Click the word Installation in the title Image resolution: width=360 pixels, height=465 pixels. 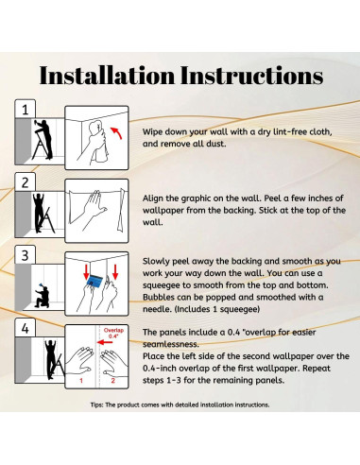pos(107,76)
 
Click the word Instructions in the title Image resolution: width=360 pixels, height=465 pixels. pos(252,76)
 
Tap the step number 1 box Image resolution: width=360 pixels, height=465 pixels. pos(26,110)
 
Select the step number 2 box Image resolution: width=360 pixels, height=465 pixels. pos(26,182)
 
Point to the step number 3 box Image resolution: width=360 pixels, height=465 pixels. pos(26,255)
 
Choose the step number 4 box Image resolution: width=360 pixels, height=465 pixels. pos(26,328)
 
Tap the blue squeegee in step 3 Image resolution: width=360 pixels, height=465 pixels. pos(94,281)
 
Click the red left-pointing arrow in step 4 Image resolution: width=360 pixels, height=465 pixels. pos(105,342)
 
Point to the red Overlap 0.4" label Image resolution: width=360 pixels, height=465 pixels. pos(113,333)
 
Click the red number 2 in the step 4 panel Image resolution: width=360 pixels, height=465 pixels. pos(113,381)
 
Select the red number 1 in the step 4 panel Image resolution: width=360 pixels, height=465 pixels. pos(81,381)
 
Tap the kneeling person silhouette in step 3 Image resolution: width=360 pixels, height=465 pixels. pos(43,296)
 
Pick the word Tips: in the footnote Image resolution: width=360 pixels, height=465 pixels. pos(96,405)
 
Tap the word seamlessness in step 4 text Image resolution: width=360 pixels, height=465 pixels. pos(171,344)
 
